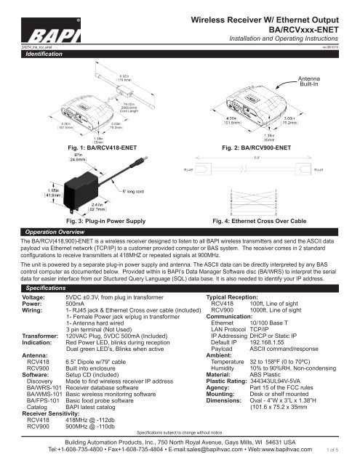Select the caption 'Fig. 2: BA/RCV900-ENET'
(257, 147)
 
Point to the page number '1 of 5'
(348, 451)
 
